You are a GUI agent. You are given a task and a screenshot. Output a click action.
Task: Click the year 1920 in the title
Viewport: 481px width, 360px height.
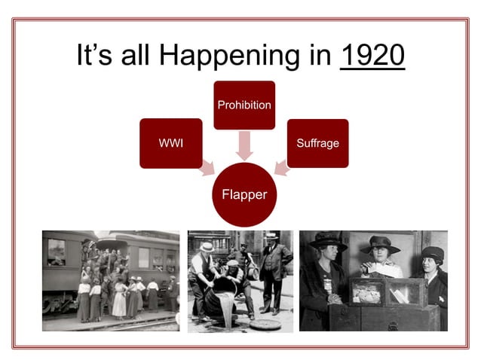tap(372, 56)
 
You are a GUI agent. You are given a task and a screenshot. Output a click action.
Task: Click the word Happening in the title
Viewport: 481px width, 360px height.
tap(258, 57)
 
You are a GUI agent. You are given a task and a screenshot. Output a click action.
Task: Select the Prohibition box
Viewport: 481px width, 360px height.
tap(244, 105)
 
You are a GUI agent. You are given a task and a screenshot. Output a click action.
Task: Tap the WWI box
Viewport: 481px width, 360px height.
tap(171, 142)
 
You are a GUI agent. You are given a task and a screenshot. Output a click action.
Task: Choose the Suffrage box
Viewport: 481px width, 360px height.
tap(317, 142)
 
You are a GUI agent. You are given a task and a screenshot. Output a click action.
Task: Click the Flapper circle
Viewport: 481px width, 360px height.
tap(244, 194)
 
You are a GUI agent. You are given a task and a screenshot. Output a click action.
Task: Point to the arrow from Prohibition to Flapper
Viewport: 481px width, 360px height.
tap(244, 145)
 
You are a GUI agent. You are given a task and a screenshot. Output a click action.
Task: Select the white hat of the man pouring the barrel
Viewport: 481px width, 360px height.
tap(207, 247)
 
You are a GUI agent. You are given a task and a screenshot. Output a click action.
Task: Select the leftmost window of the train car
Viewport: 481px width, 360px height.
tap(56, 252)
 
